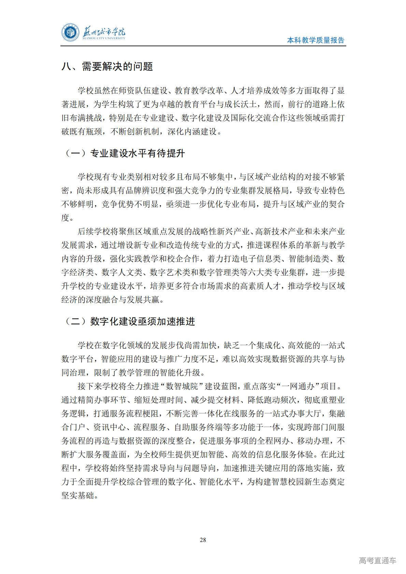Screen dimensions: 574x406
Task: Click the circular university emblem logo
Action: (70, 33)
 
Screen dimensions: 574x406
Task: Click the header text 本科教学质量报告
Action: (316, 40)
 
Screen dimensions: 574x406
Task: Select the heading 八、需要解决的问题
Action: (107, 67)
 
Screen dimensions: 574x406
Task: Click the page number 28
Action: (203, 540)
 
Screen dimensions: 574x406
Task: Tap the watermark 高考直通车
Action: (377, 560)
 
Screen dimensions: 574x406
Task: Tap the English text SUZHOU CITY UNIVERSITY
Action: (104, 39)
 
